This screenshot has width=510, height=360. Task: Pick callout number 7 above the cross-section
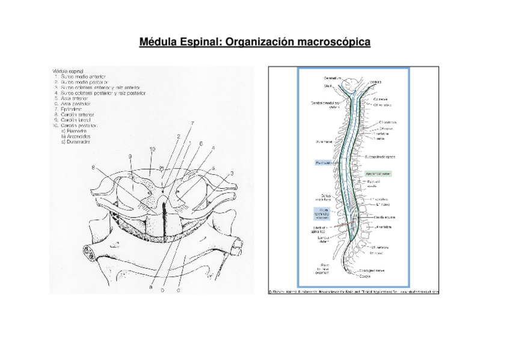pyautogui.click(x=192, y=123)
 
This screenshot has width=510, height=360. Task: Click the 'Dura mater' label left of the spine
pyautogui.click(x=325, y=142)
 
